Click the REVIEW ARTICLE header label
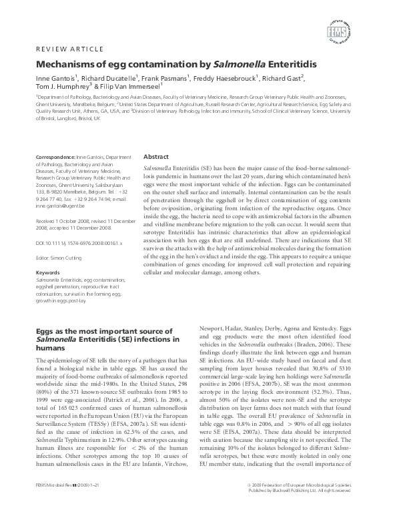click(68, 49)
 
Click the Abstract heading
click(156, 156)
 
